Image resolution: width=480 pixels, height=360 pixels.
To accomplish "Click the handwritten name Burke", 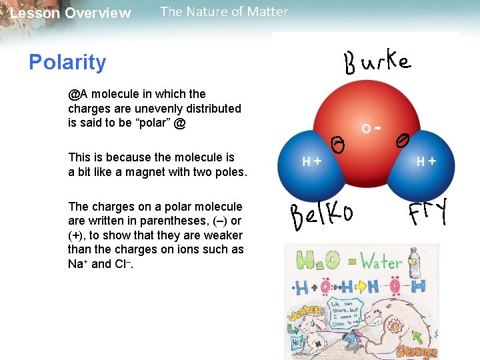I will (x=377, y=63).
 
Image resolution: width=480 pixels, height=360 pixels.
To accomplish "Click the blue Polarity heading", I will (x=67, y=62).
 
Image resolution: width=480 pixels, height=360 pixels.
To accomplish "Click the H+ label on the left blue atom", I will (x=311, y=161).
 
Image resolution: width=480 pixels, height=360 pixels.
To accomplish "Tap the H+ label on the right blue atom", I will (x=426, y=161).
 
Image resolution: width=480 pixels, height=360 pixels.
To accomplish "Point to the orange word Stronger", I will (x=416, y=351).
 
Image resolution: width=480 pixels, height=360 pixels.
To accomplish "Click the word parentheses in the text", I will (x=171, y=221).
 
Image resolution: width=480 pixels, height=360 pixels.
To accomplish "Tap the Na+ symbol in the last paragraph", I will (x=78, y=263).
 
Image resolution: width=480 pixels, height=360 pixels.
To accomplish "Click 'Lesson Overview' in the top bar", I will (x=71, y=13).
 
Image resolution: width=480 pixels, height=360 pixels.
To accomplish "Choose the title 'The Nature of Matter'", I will (x=224, y=11).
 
